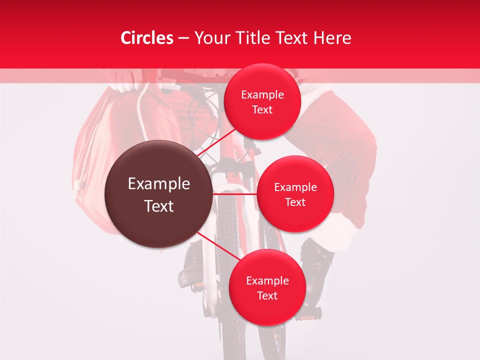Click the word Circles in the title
[x=147, y=38]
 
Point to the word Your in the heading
[x=210, y=38]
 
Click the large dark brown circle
[x=158, y=194]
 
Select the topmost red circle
[x=262, y=101]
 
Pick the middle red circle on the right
[x=295, y=194]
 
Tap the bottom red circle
[x=267, y=287]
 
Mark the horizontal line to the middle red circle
[x=235, y=194]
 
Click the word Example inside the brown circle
[x=159, y=184]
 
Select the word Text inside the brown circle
[x=159, y=206]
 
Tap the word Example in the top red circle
[x=262, y=94]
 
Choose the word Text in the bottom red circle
[x=267, y=295]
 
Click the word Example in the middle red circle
[x=295, y=187]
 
